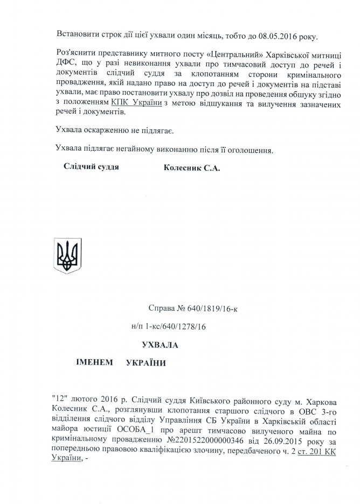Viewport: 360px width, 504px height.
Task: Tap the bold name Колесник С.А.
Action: coord(192,167)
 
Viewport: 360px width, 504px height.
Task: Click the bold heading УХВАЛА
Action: coord(160,345)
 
